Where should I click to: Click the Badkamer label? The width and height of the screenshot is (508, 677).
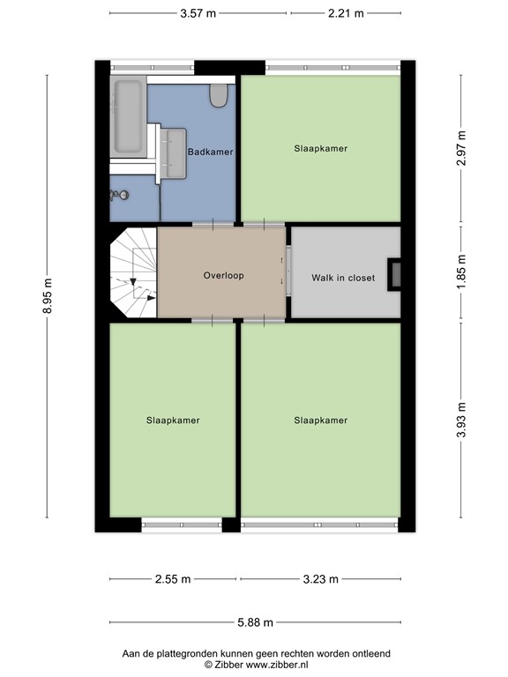[x=211, y=152]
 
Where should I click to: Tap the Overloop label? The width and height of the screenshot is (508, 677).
[x=223, y=275]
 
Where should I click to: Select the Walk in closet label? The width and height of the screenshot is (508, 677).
[x=343, y=278]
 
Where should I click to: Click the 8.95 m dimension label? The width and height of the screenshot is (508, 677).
[x=48, y=296]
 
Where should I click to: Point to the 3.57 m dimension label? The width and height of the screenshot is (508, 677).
[x=198, y=13]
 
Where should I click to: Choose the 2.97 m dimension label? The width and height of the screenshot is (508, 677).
[x=461, y=148]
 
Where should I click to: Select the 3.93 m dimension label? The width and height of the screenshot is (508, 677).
[x=461, y=420]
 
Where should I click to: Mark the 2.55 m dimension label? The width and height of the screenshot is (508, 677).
[x=172, y=579]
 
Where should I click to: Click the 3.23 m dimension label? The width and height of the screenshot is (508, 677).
[x=320, y=579]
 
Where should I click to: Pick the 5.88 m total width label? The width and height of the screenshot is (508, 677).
[x=255, y=622]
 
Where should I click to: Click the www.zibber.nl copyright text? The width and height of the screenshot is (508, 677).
[x=255, y=664]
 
